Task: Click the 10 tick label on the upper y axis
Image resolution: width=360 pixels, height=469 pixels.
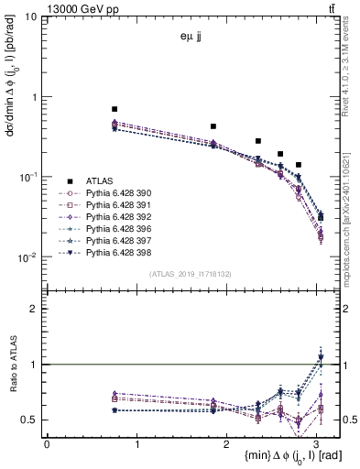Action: (29, 17)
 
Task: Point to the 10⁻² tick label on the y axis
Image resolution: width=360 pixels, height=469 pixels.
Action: (26, 258)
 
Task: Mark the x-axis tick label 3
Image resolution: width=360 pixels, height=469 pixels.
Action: (318, 443)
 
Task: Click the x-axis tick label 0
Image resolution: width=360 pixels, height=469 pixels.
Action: (47, 443)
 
